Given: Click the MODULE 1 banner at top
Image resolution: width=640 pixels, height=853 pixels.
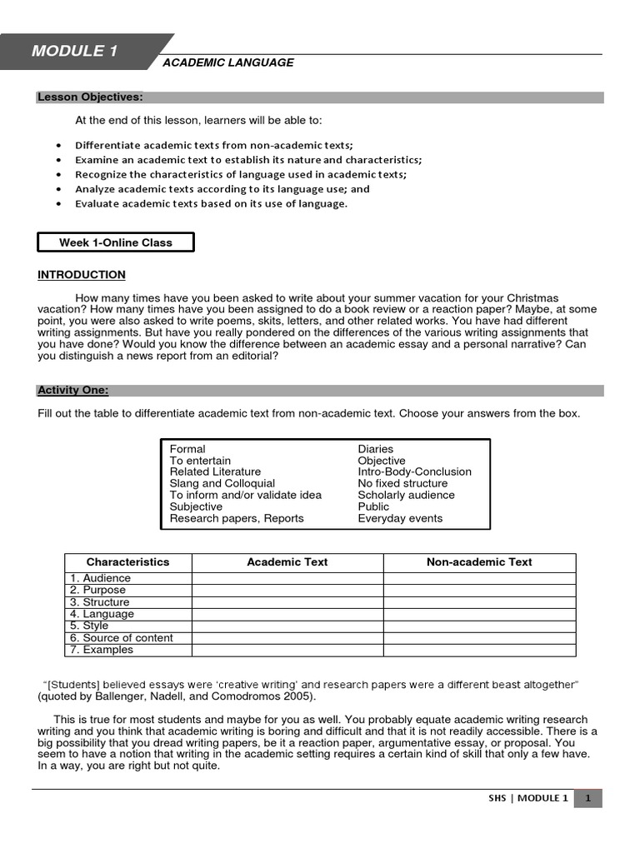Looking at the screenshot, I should (75, 52).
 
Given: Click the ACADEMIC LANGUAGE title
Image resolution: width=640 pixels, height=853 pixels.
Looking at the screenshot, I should (227, 62).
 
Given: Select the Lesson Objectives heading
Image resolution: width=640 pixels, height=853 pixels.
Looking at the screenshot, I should (90, 97).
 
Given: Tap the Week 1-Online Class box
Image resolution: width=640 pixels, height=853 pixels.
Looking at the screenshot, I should (116, 242).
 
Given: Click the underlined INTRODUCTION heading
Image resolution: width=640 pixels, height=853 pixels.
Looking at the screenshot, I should (82, 275).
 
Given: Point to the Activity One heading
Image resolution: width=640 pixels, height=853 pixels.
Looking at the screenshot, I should (73, 390).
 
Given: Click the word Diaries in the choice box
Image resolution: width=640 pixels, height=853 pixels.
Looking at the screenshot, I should (375, 449).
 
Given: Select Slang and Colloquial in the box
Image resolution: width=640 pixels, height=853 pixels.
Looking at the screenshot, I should (222, 483).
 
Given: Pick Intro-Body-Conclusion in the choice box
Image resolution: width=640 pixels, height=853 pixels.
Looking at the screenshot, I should (414, 471).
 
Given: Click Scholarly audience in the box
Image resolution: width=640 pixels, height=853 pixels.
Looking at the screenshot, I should (406, 495).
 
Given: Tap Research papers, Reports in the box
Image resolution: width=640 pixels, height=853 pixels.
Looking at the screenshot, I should (237, 518).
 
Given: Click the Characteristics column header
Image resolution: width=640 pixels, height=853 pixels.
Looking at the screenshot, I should (127, 562).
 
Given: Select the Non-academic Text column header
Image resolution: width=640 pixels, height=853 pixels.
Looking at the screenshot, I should (479, 562).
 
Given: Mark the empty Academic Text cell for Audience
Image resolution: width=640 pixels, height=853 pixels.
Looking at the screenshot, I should (287, 578).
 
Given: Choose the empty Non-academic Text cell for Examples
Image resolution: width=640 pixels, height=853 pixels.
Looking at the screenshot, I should (479, 650).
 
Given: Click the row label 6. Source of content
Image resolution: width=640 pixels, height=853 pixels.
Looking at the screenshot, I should (121, 638).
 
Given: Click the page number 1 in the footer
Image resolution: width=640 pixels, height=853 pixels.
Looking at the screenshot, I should (587, 798).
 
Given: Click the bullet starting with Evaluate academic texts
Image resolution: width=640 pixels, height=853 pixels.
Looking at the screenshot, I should (211, 203).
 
